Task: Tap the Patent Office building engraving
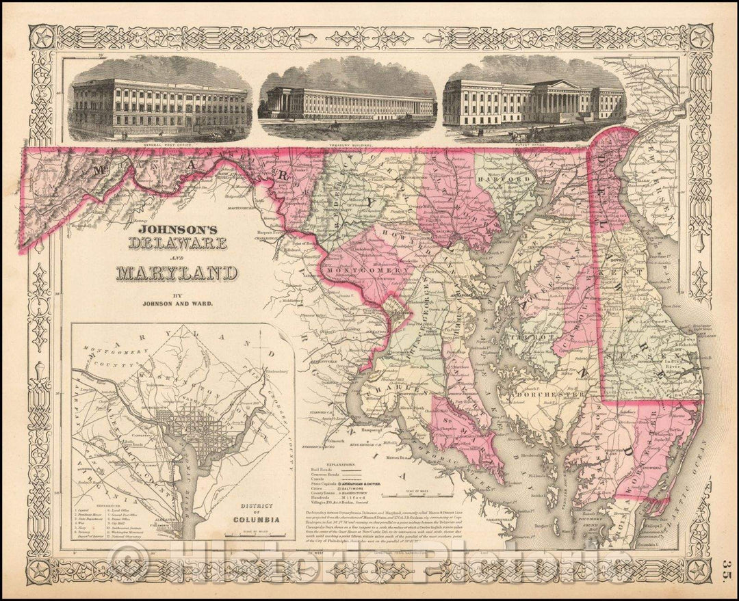coord(534,101)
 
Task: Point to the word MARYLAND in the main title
coord(176,273)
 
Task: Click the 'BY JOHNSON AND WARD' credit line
coord(177,298)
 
